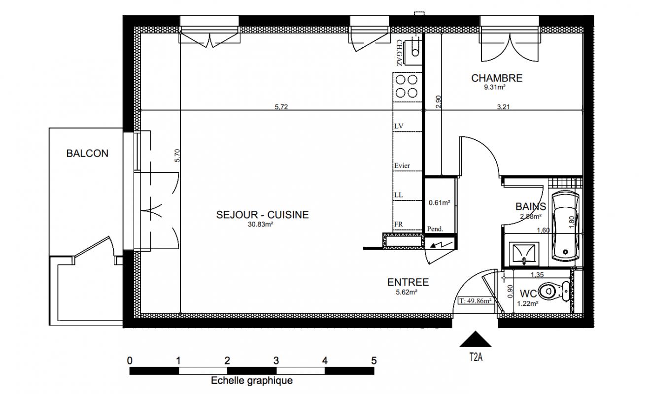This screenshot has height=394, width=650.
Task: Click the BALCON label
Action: [87, 153]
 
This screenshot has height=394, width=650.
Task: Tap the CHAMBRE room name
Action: [497, 78]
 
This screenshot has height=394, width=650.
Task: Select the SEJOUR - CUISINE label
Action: [262, 215]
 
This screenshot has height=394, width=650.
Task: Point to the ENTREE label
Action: [408, 282]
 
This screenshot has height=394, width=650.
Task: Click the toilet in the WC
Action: [554, 291]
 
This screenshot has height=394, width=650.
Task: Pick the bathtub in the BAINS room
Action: [566, 227]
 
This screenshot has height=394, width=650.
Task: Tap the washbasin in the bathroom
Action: [524, 253]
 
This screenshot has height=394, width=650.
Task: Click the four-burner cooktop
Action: [407, 86]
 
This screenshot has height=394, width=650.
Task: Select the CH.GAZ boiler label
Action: [399, 53]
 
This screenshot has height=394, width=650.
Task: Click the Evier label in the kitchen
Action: [402, 165]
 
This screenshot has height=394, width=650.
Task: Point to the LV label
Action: [399, 126]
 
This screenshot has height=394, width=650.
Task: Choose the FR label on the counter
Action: [398, 224]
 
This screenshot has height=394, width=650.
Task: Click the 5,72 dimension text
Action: [281, 107]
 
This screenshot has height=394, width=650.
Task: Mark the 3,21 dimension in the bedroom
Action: [503, 107]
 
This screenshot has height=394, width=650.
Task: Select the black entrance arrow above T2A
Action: [476, 339]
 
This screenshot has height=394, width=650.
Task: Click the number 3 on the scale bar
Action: [276, 361]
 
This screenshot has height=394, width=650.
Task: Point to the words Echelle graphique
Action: [252, 380]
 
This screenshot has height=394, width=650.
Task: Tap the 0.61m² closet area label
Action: [440, 202]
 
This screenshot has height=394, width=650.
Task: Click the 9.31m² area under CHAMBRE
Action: [495, 87]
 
